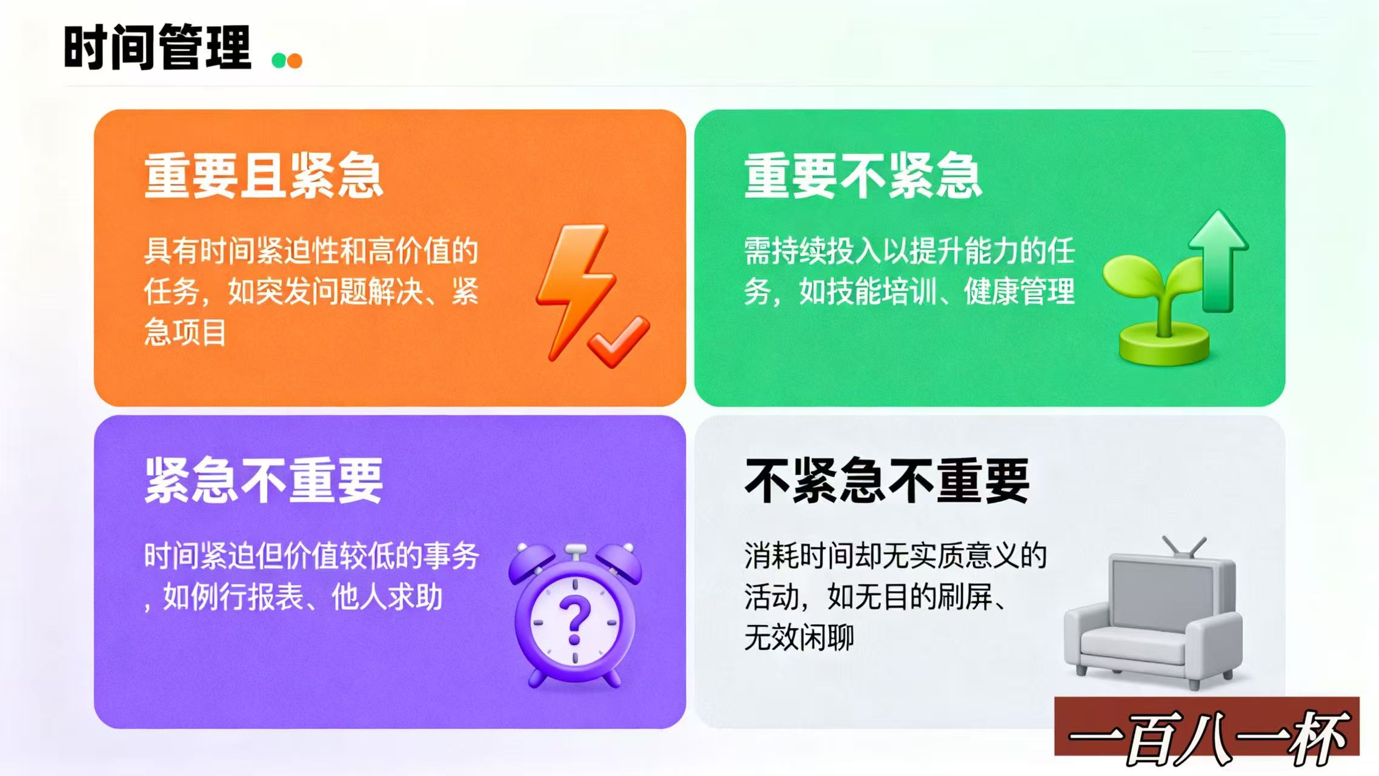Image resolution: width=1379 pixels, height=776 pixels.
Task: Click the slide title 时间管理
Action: pyautogui.click(x=157, y=47)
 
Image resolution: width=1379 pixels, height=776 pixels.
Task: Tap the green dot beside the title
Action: pyautogui.click(x=279, y=61)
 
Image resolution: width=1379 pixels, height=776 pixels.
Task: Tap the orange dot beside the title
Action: pyautogui.click(x=294, y=61)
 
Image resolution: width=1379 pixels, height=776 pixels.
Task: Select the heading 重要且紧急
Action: pyautogui.click(x=264, y=176)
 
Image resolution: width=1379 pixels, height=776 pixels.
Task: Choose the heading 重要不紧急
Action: pyautogui.click(x=863, y=176)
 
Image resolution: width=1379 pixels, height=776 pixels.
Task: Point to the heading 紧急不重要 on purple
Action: pyautogui.click(x=264, y=481)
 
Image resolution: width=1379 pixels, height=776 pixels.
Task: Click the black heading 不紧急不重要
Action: pyautogui.click(x=887, y=481)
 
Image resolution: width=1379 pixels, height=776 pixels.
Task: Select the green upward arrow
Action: pyautogui.click(x=1218, y=261)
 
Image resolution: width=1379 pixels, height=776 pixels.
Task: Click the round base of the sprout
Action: pyautogui.click(x=1164, y=344)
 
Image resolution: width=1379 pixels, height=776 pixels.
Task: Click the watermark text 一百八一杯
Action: pyautogui.click(x=1208, y=735)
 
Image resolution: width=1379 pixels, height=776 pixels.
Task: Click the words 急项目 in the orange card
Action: pyautogui.click(x=185, y=333)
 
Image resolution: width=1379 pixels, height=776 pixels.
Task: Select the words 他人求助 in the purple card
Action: pyautogui.click(x=387, y=597)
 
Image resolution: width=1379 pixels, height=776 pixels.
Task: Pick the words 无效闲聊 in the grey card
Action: pyautogui.click(x=799, y=638)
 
